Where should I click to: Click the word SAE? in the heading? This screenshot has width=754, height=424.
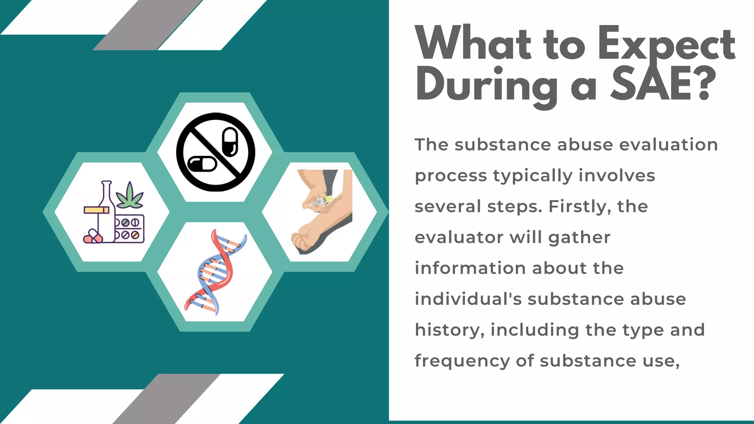[x=663, y=84]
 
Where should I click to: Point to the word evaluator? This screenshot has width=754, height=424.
[x=459, y=237]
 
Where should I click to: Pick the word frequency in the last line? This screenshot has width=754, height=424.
[x=462, y=361]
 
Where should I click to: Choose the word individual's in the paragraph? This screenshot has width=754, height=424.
[x=468, y=299]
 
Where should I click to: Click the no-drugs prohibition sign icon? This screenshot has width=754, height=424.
[x=215, y=152]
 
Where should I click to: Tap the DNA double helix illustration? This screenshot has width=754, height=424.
[x=215, y=272]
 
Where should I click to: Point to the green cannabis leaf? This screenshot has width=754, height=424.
[x=129, y=195]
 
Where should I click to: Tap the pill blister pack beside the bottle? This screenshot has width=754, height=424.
[x=129, y=228]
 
